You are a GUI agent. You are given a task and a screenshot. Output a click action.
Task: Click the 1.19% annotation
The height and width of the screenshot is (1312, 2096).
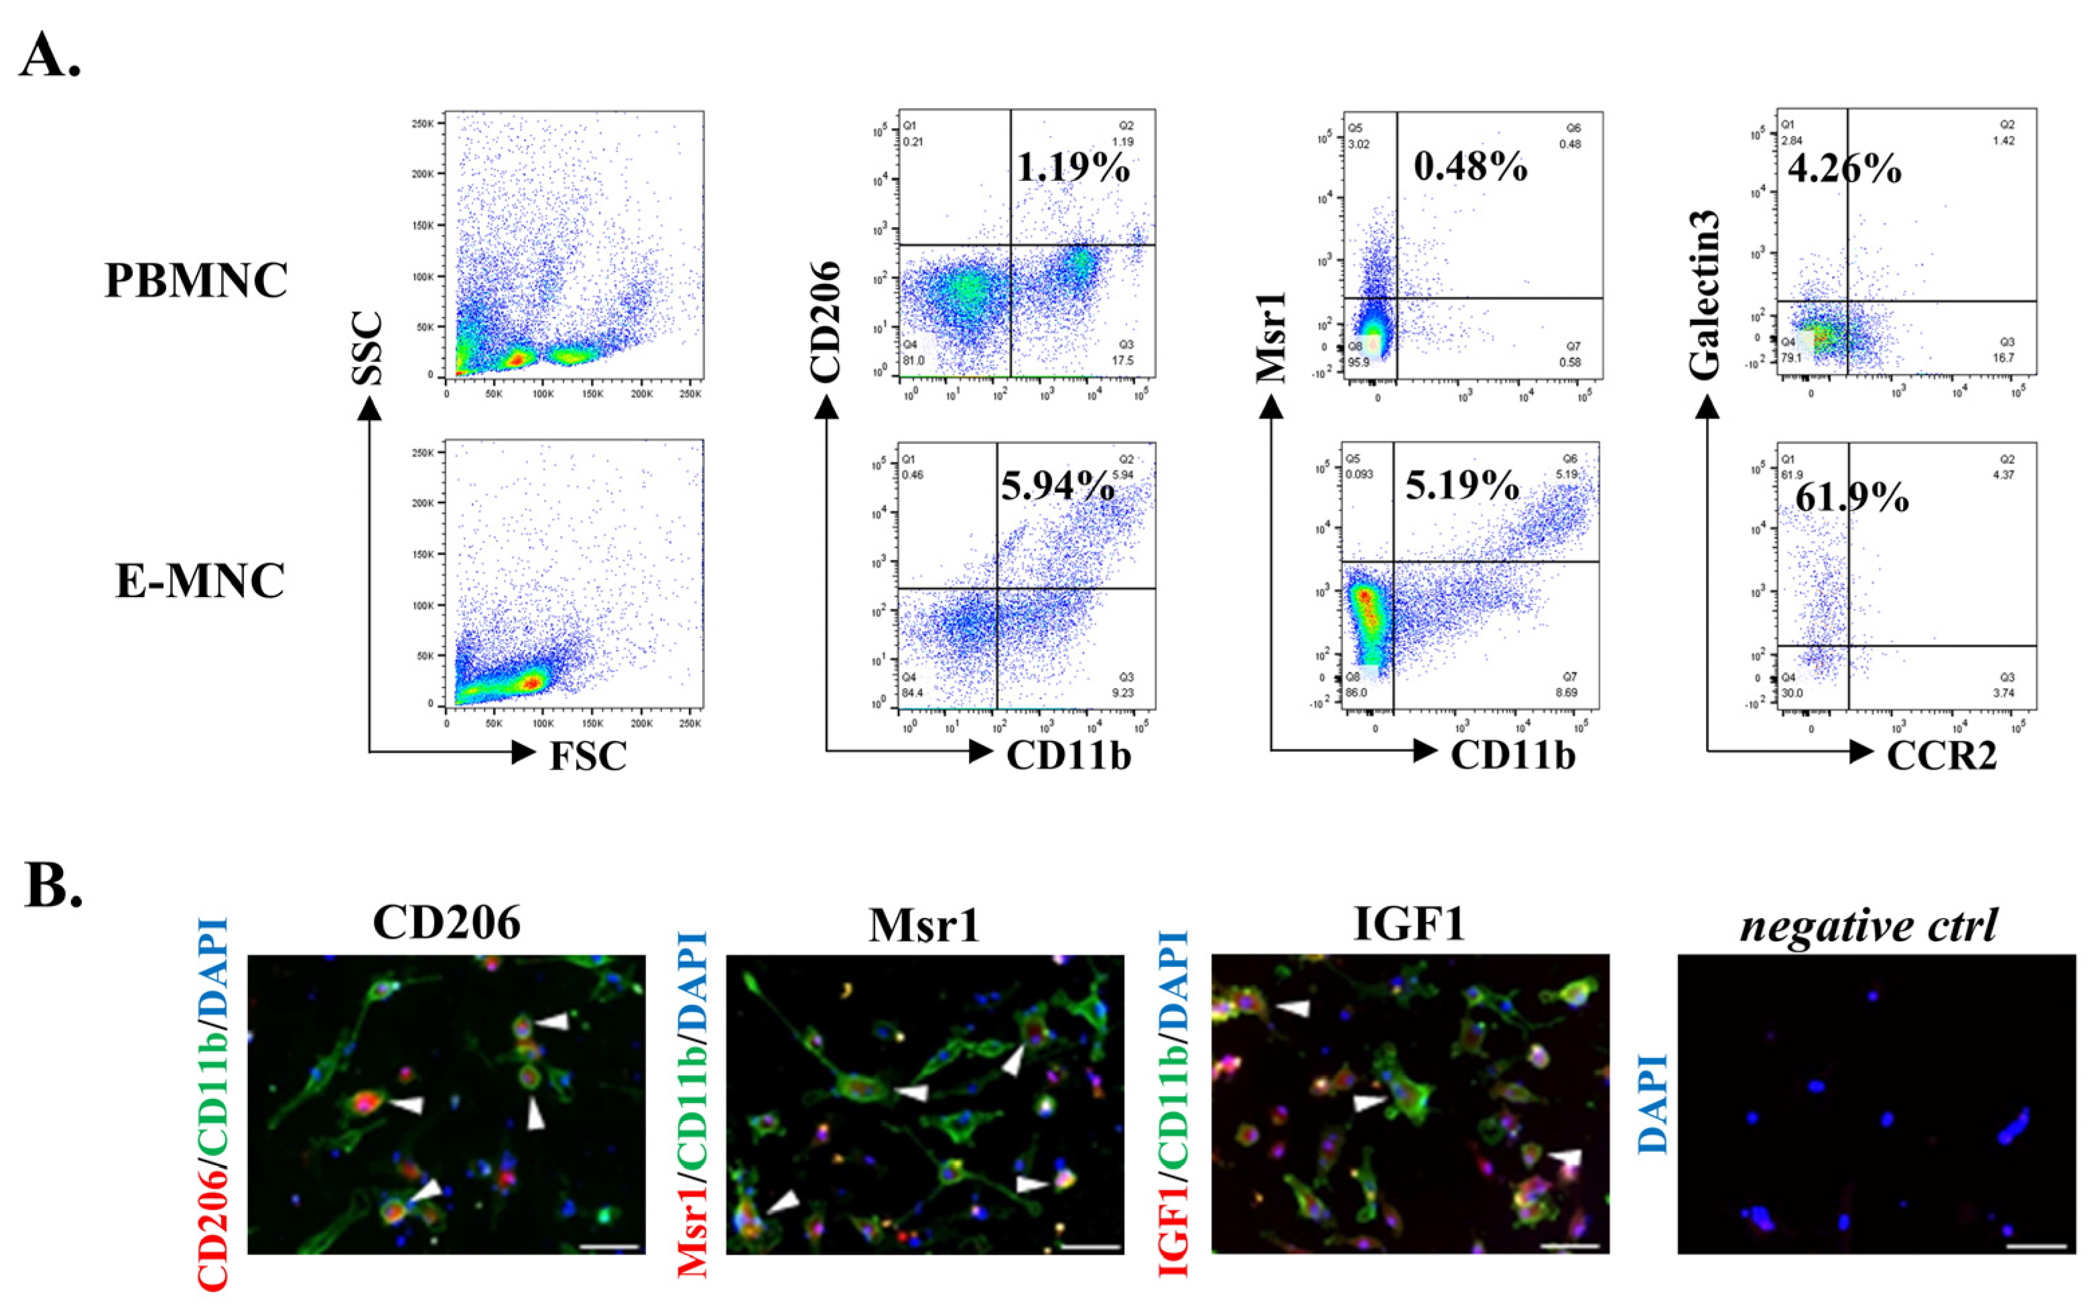coord(1073,168)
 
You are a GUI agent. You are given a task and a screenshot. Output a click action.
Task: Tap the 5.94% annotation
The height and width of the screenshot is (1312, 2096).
coord(1057,486)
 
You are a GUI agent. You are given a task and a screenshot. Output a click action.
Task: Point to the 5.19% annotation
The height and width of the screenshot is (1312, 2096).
coord(1462,486)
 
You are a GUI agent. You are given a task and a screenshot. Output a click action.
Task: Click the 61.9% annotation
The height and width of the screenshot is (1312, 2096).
coord(1851,498)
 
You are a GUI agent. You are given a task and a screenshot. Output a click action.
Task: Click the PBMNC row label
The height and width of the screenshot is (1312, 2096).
coord(196,280)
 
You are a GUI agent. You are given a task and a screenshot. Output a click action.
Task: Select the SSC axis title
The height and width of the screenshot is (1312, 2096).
coord(368,348)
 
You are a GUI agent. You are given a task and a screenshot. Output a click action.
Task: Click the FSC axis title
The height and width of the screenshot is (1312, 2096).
coord(588,756)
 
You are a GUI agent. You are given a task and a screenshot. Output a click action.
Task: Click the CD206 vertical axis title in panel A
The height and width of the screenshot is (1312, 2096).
coord(825,322)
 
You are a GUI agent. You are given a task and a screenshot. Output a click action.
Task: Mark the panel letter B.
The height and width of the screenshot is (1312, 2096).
coord(53,886)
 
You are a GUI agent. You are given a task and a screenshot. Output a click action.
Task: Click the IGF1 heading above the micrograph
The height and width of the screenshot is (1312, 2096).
coord(1409,924)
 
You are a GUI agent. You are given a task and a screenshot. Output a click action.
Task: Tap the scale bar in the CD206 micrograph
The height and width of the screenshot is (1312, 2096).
coord(609,1247)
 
